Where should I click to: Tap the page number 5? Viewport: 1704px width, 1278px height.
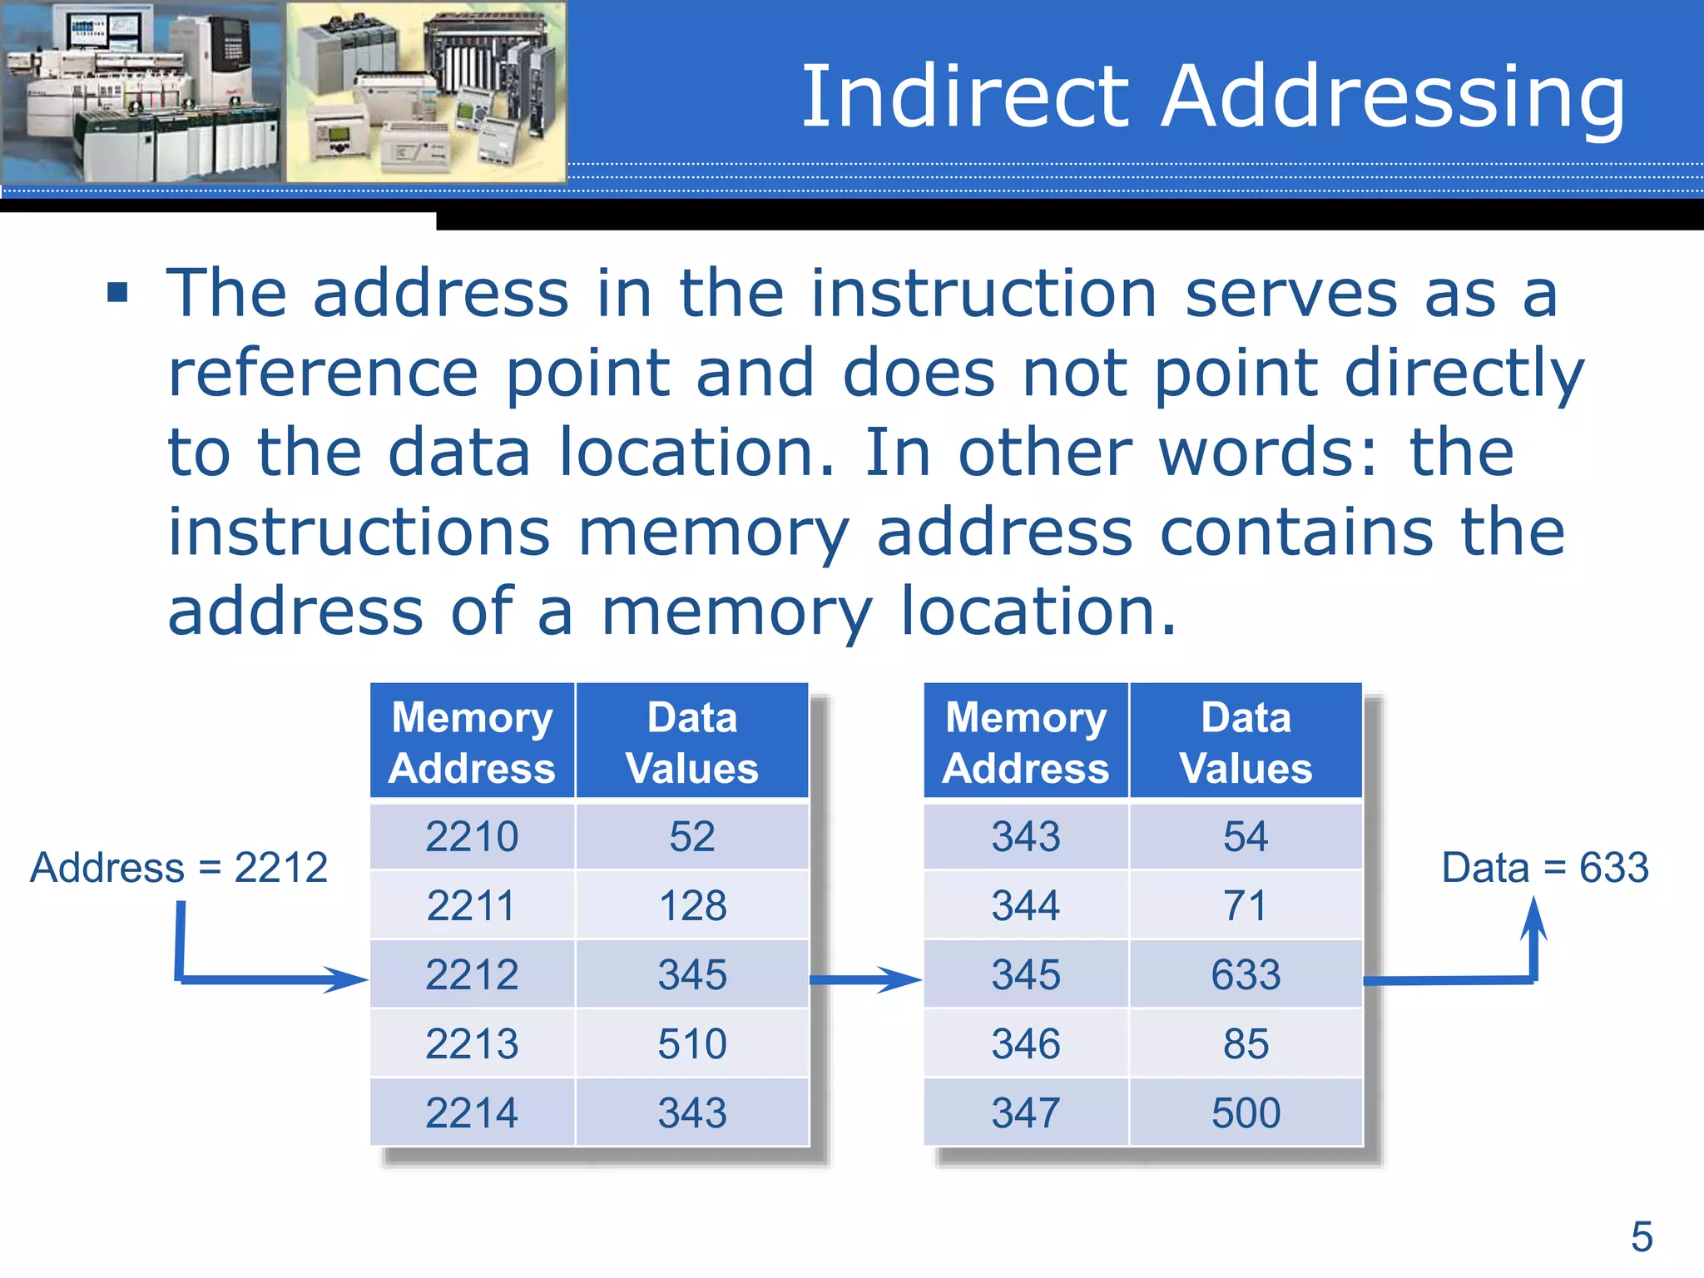[1641, 1236]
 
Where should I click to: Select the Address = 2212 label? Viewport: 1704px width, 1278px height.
[179, 868]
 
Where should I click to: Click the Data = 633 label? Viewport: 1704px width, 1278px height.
[1544, 868]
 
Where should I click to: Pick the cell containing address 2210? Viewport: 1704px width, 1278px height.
[472, 836]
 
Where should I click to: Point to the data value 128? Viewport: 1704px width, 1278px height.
[692, 905]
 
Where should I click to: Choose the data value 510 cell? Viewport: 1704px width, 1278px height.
[692, 1043]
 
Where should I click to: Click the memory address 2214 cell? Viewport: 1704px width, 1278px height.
[472, 1112]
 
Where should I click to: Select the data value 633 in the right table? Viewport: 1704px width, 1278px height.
[1246, 974]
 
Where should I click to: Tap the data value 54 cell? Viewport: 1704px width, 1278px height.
[1246, 836]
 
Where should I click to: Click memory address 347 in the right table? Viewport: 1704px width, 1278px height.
[1026, 1112]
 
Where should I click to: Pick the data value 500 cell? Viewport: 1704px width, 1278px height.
[1246, 1112]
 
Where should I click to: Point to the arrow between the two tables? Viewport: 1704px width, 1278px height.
[865, 979]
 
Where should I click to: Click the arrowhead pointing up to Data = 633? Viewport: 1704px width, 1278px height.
[1534, 919]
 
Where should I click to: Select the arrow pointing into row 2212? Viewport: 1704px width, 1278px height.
[275, 979]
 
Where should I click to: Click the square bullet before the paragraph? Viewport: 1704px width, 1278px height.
[118, 292]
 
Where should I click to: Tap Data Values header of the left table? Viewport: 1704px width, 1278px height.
[692, 741]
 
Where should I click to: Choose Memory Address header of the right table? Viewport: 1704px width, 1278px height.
[1026, 741]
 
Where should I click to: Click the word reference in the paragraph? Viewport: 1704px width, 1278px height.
[323, 373]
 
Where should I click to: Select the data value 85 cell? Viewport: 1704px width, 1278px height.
[1246, 1043]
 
